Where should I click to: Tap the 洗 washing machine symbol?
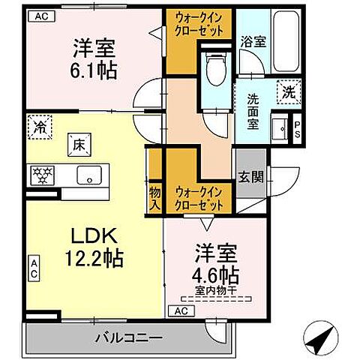(289, 93)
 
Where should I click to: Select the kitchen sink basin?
(90, 175)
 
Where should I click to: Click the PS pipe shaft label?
(297, 129)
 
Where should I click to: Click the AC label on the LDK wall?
(34, 268)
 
